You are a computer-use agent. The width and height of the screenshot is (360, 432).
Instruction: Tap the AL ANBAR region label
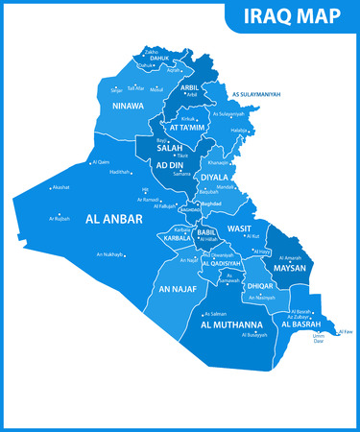click(x=114, y=220)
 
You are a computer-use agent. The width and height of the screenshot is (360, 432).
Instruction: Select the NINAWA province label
click(x=128, y=106)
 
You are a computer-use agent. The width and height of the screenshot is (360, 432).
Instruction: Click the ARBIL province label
click(x=191, y=87)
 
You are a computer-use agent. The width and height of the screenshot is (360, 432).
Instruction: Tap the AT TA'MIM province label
click(x=187, y=127)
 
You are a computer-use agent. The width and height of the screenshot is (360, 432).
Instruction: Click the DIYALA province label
click(x=214, y=178)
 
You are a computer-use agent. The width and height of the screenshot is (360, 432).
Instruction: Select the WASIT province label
click(x=239, y=228)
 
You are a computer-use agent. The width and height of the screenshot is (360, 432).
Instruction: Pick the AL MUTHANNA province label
click(x=231, y=325)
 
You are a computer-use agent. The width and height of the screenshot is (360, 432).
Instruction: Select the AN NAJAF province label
click(x=178, y=288)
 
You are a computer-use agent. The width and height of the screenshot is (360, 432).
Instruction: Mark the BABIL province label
click(x=206, y=232)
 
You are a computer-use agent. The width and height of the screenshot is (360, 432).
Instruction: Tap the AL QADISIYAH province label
click(x=221, y=263)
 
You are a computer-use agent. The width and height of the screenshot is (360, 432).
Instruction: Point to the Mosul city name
click(x=156, y=89)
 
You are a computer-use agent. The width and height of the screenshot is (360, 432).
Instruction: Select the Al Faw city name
click(x=347, y=331)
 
